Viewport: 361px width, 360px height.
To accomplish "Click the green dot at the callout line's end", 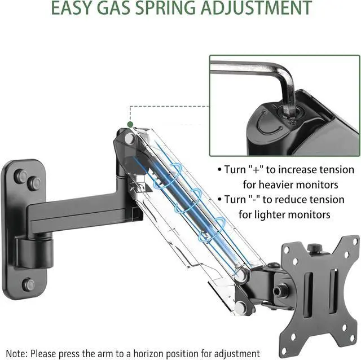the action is [130, 124].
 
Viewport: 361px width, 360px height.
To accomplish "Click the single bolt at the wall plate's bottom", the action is [29, 284].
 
